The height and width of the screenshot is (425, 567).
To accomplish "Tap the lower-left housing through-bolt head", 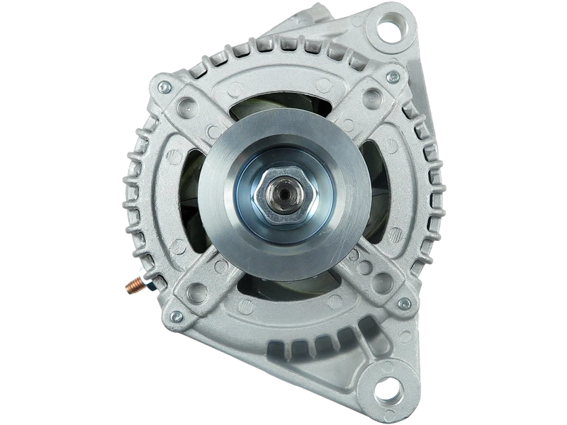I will click(x=176, y=314).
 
